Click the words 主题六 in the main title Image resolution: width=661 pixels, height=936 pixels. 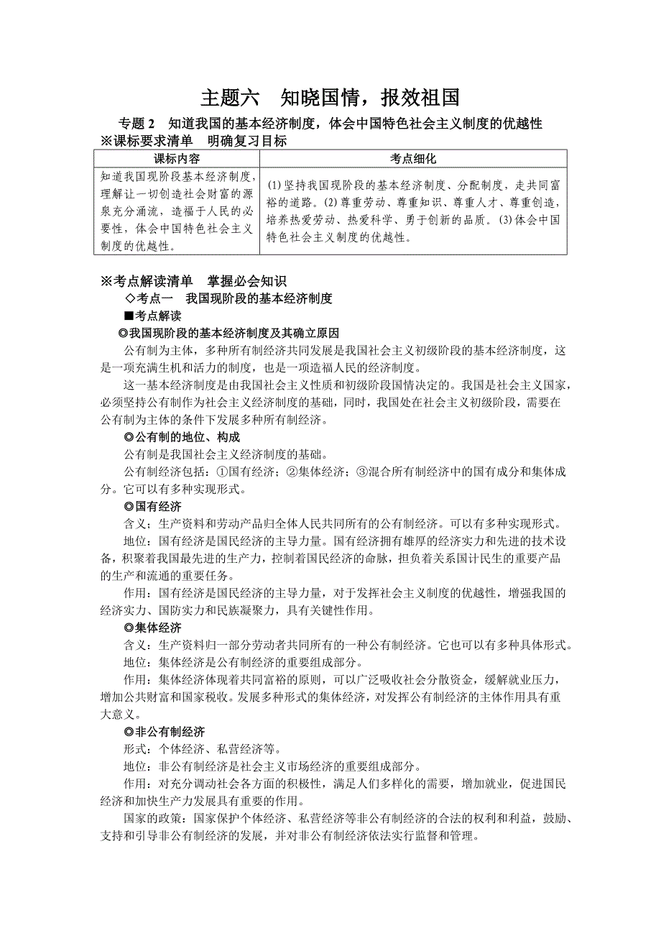tap(227, 98)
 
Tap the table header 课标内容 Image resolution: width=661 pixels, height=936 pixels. tap(177, 159)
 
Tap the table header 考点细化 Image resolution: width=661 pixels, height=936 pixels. tap(413, 159)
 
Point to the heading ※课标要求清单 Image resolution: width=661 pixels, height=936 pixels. tap(147, 142)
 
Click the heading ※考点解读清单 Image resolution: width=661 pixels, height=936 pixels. tap(147, 281)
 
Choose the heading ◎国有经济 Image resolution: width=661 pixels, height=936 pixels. tap(152, 506)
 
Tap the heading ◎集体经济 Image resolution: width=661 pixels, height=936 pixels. tap(152, 628)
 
